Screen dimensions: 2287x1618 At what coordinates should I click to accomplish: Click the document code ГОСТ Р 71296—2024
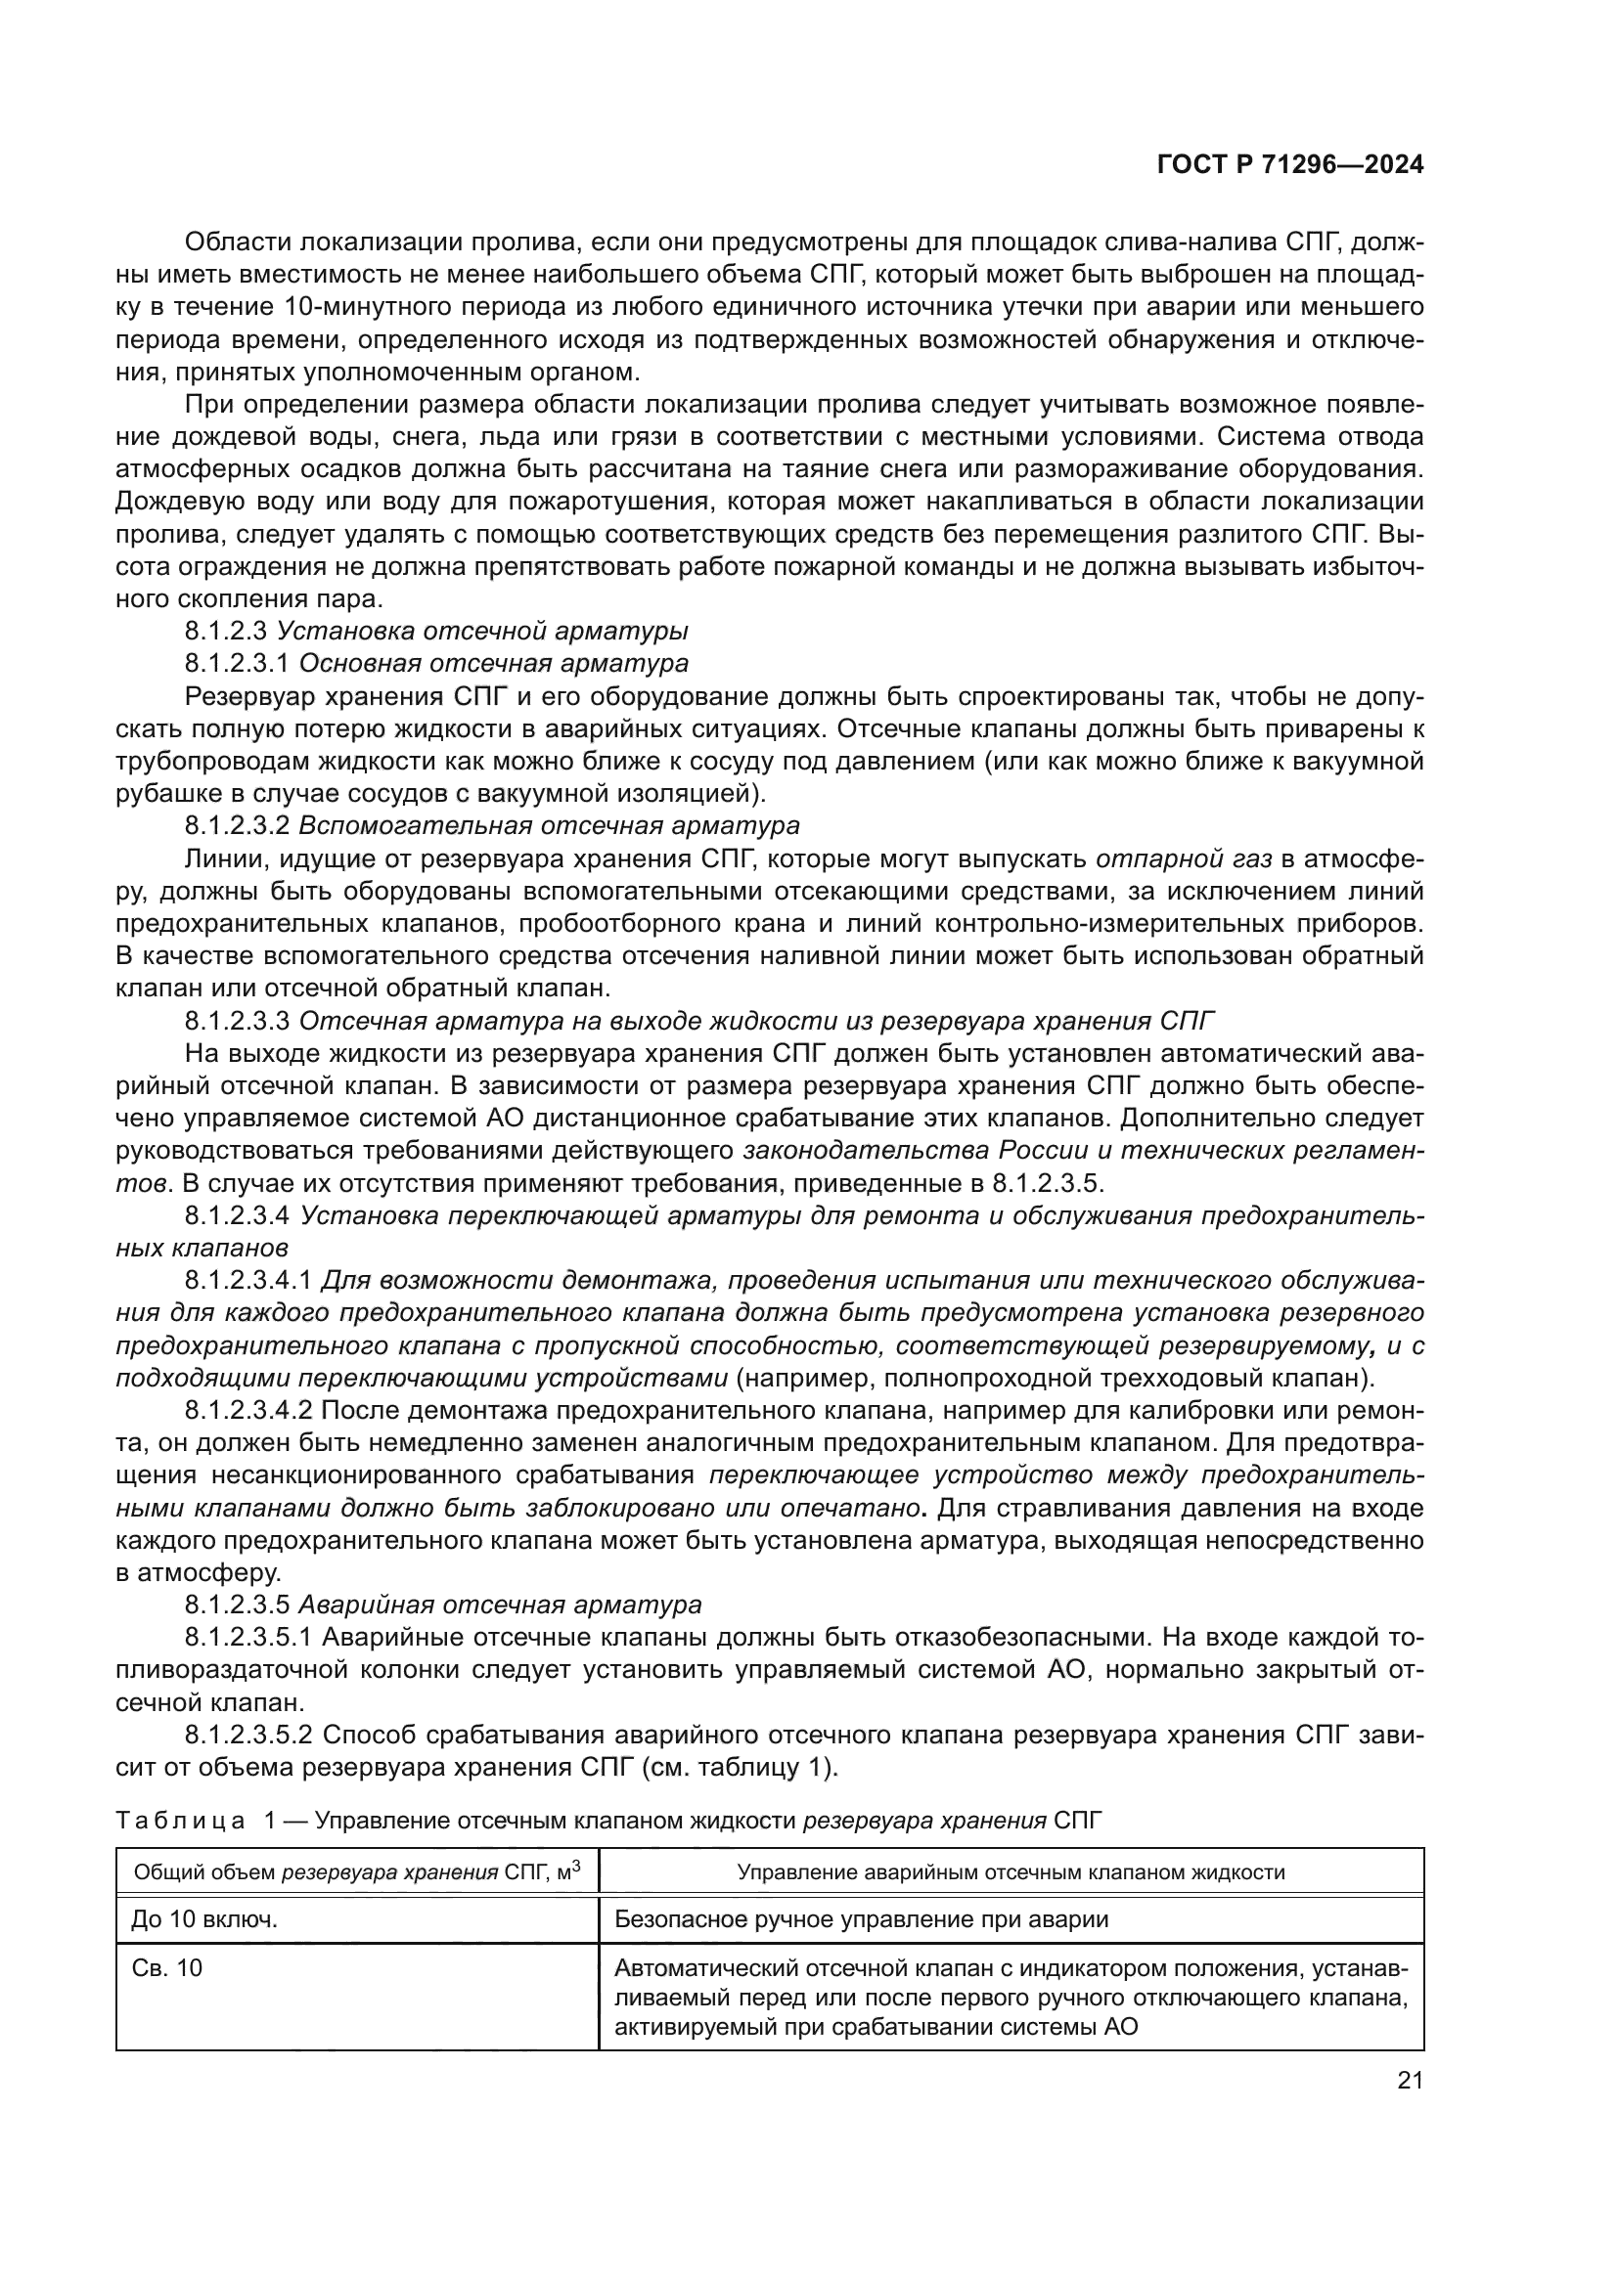point(1290,165)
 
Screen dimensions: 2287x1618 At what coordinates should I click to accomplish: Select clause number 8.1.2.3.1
point(236,663)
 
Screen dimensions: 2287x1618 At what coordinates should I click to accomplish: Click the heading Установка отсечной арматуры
point(482,631)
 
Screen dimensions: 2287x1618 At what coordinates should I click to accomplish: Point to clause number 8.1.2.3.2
point(236,826)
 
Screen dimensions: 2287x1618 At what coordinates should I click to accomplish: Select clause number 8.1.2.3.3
point(236,1021)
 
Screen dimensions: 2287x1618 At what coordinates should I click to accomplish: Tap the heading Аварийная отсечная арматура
point(500,1605)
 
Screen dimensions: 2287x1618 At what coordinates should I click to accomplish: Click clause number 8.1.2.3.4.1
point(248,1280)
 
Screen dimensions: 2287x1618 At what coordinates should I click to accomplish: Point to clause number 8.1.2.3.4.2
point(248,1411)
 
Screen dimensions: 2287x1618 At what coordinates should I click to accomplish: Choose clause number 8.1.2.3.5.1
point(248,1638)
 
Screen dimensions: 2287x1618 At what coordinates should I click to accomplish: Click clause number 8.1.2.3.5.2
point(248,1736)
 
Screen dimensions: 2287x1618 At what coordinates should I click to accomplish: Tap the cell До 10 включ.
point(204,1919)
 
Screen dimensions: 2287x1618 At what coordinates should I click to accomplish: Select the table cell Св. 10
point(166,1968)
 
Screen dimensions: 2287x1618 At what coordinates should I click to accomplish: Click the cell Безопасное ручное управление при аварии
point(861,1919)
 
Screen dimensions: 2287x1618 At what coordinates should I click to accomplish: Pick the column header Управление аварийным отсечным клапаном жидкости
point(1011,1871)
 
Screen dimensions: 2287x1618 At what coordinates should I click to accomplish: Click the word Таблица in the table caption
point(180,1820)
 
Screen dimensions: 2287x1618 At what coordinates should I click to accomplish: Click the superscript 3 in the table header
point(576,1865)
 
